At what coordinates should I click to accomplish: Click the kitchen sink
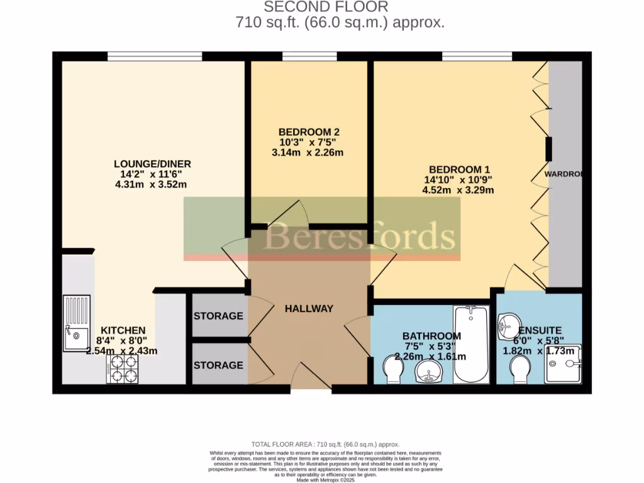tap(76, 323)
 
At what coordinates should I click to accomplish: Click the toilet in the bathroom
tap(393, 370)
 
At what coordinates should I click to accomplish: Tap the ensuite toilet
tap(521, 370)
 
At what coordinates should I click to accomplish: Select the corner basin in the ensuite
tap(508, 325)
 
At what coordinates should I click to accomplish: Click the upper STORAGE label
tap(218, 316)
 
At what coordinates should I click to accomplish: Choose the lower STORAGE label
tap(218, 365)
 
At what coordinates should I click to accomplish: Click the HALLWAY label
tap(309, 308)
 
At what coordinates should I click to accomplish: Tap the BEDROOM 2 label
tap(309, 132)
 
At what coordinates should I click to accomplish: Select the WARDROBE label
tap(563, 174)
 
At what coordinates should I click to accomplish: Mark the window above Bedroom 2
tap(309, 57)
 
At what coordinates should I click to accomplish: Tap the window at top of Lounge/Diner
tap(155, 57)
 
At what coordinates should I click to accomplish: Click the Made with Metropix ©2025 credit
tap(325, 480)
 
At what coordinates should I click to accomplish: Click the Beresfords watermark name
tap(359, 237)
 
